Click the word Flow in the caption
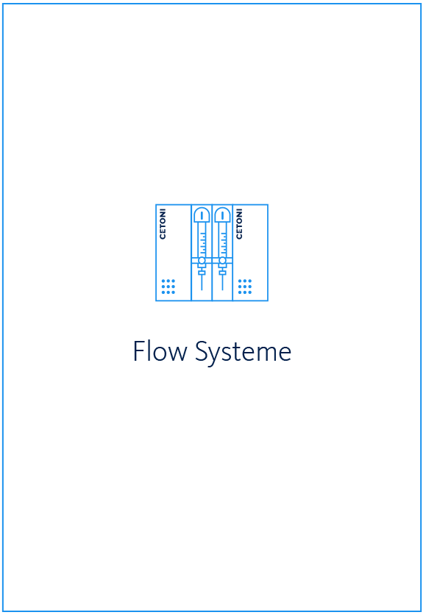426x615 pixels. coord(160,351)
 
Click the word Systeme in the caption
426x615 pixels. coord(243,353)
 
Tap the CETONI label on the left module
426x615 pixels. coord(163,224)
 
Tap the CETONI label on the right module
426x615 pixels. coord(239,224)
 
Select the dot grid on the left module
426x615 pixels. coord(168,287)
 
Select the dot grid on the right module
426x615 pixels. coord(245,287)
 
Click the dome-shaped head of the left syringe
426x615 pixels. coord(202,215)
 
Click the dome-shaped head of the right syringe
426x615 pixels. coord(223,215)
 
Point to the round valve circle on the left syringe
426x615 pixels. coord(202,260)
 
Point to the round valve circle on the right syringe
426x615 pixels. coord(223,260)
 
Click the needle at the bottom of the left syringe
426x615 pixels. coord(202,282)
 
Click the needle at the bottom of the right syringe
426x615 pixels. coord(223,282)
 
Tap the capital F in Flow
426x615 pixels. coord(139,351)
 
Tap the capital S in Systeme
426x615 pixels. coord(202,351)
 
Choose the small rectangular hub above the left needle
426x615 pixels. coord(202,273)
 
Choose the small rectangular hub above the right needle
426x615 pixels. coord(223,273)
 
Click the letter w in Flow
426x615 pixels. coord(177,353)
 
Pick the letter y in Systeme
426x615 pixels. coord(216,357)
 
